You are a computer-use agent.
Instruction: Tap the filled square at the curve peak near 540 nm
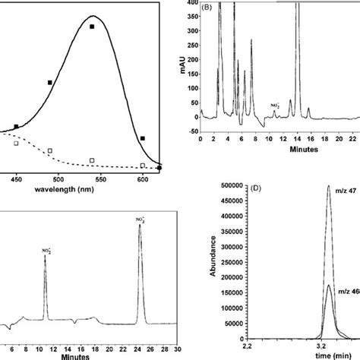click(x=92, y=27)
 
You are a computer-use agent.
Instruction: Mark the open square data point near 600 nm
click(x=143, y=165)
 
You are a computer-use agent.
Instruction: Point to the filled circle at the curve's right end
click(x=159, y=168)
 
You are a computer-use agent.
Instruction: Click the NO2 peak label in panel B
click(x=275, y=106)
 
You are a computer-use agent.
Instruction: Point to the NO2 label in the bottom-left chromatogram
click(x=46, y=248)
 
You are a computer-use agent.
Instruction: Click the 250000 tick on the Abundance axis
click(x=230, y=271)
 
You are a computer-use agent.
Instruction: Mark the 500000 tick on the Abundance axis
click(x=230, y=206)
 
